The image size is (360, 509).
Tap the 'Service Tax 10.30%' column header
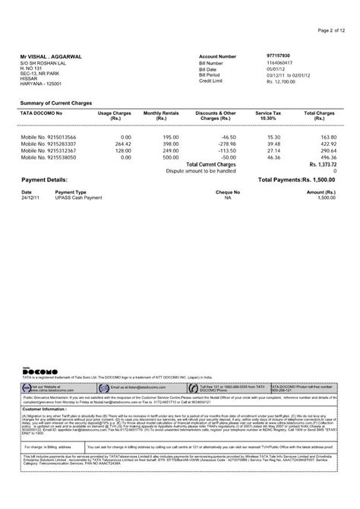click(268, 115)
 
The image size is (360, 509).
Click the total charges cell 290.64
click(327, 150)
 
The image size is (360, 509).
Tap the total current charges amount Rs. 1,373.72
click(322, 164)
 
